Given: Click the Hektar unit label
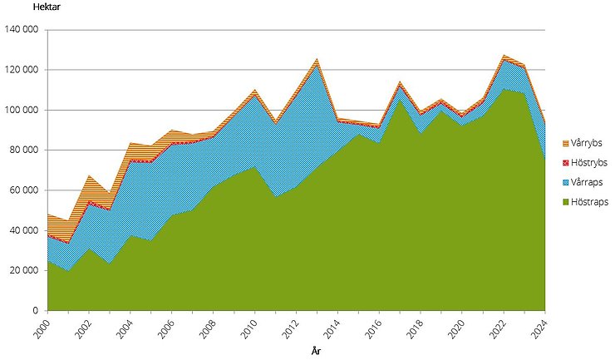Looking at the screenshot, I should [x=23, y=7].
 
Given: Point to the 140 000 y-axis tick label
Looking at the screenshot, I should [x=22, y=30].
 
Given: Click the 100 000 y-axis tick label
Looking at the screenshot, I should [x=22, y=110].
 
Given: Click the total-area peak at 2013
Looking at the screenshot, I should [x=317, y=59].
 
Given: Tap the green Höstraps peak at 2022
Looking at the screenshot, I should [x=504, y=88].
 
